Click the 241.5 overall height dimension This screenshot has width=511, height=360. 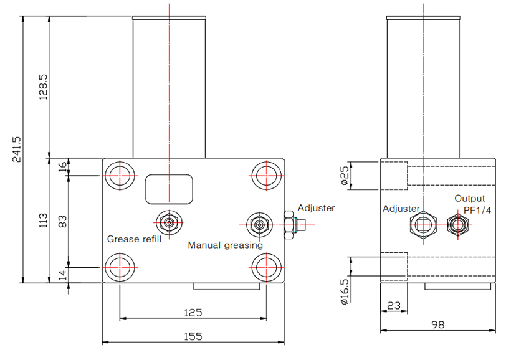[x=17, y=149]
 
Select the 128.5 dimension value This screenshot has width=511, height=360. [x=43, y=87]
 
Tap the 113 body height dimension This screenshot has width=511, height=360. [x=43, y=220]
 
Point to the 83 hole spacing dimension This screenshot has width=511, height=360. [x=62, y=220]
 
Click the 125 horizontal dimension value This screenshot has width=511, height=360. [x=194, y=312]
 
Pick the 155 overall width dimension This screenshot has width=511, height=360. [x=194, y=336]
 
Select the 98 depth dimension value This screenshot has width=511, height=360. [x=439, y=325]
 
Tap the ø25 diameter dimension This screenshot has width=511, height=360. [x=344, y=176]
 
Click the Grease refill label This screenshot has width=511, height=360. [x=135, y=239]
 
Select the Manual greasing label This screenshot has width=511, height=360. [x=226, y=245]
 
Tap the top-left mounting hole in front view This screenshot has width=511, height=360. [x=118, y=175]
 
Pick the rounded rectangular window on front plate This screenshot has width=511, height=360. [x=168, y=189]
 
